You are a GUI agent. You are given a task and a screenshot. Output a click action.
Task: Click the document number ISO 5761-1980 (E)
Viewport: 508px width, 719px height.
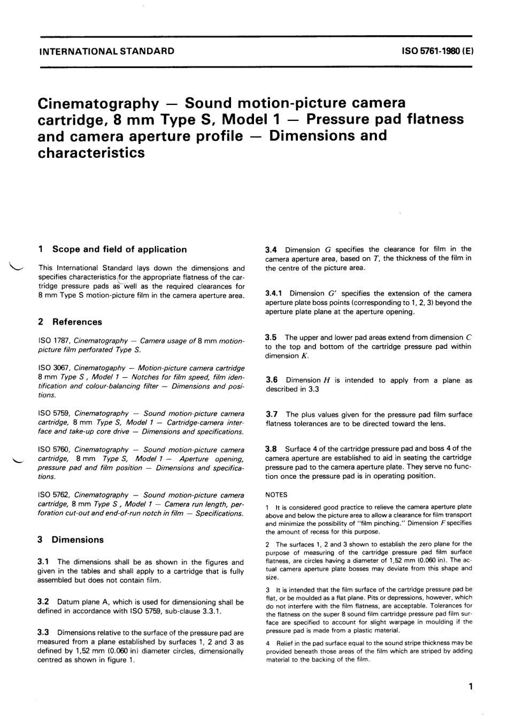pos(437,51)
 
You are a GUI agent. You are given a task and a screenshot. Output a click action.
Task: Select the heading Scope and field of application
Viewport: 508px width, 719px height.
pos(119,249)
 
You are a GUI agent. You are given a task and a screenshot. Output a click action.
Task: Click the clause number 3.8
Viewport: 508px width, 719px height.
pos(272,448)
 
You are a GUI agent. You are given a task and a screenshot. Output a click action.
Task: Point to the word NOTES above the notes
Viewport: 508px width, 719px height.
pos(276,495)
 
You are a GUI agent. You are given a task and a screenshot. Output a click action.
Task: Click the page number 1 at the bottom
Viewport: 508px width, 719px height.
pos(470,686)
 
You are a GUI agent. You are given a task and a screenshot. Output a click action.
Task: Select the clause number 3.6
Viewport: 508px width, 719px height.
pos(272,380)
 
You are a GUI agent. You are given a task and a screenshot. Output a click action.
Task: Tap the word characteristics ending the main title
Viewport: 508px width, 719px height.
pos(91,152)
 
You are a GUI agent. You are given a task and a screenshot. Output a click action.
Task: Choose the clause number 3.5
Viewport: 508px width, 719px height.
pos(272,337)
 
